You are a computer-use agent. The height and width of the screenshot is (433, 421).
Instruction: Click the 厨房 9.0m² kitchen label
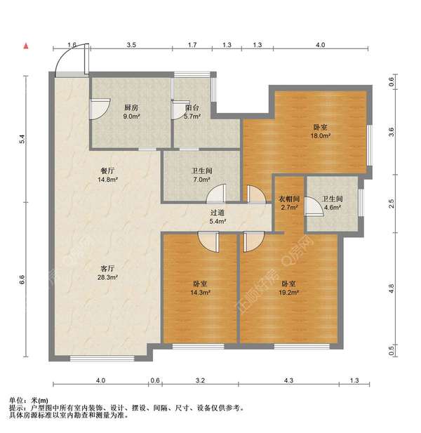pyautogui.click(x=131, y=112)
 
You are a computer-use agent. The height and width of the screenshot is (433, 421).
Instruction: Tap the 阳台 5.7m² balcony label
pyautogui.click(x=192, y=112)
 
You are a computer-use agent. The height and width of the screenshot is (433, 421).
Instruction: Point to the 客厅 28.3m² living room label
pyautogui.click(x=107, y=272)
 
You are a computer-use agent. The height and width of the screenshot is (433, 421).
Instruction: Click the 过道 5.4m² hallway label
pyautogui.click(x=218, y=217)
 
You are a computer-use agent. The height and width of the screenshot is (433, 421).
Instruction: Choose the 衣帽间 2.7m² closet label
pyautogui.click(x=287, y=203)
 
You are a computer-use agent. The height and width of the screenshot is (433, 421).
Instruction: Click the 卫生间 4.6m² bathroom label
pyautogui.click(x=331, y=203)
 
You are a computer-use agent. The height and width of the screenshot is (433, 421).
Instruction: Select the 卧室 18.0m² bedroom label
pyautogui.click(x=321, y=131)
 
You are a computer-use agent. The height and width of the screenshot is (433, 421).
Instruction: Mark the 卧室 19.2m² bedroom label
pyautogui.click(x=288, y=288)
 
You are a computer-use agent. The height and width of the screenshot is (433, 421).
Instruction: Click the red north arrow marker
pyautogui.click(x=26, y=46)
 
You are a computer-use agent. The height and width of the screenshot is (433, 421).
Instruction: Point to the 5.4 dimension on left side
pyautogui.click(x=22, y=140)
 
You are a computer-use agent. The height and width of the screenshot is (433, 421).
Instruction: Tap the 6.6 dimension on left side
pyautogui.click(x=22, y=279)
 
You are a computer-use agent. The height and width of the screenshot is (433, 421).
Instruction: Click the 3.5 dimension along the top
pyautogui.click(x=131, y=46)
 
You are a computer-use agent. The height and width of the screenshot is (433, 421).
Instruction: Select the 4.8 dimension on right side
pyautogui.click(x=392, y=288)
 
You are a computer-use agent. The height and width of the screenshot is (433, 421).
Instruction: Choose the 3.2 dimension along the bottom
pyautogui.click(x=201, y=380)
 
